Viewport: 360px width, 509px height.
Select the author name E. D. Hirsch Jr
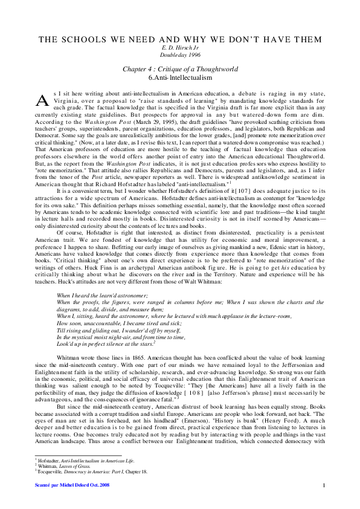coord(180,48)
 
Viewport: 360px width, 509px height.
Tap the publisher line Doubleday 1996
coord(180,54)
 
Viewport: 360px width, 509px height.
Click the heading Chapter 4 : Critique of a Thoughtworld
coord(180,70)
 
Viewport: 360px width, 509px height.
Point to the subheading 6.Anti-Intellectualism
coord(180,78)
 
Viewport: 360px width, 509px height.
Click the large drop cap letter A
coord(42,100)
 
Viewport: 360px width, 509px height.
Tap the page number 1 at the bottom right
coord(324,485)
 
